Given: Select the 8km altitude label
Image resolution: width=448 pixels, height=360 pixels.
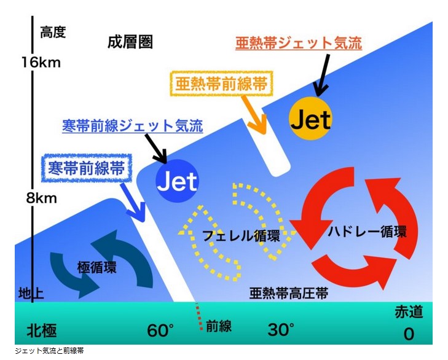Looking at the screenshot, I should [37, 198].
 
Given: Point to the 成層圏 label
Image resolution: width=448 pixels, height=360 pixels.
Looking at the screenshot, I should [130, 42].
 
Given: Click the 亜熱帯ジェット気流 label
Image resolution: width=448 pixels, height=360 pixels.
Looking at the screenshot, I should [298, 44].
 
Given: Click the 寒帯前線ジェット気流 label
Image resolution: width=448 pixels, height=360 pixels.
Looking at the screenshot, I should [132, 125].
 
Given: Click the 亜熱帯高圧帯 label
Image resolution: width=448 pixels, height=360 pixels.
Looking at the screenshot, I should [288, 292].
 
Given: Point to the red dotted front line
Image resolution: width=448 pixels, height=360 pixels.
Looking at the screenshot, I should [198, 317].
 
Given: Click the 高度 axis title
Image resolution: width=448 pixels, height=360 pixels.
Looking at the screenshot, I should [53, 32].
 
